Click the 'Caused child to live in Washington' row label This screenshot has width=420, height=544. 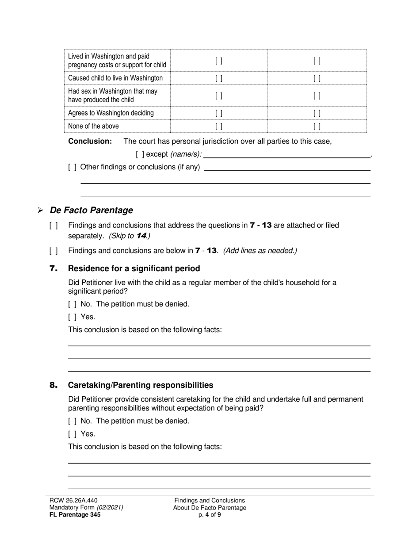point(115,78)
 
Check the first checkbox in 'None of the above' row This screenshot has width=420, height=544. point(219,126)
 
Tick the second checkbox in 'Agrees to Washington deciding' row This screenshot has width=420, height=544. point(317,113)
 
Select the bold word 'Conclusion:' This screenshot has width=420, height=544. point(90,142)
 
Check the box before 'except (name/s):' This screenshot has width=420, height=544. point(140,154)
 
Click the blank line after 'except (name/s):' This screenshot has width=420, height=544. point(287,154)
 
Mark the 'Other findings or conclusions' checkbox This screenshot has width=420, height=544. point(73,167)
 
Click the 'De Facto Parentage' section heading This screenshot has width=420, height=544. point(91,210)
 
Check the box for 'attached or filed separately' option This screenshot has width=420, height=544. point(53,226)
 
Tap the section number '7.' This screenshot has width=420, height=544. point(53,268)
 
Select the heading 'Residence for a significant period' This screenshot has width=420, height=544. point(134,268)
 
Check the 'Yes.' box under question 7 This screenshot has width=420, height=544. point(73,317)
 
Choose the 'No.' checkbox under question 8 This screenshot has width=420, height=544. point(73,421)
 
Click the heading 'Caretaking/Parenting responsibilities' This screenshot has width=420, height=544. point(141,385)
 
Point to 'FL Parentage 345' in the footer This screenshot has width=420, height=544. point(75,515)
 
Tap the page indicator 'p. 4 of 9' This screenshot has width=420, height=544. point(210,515)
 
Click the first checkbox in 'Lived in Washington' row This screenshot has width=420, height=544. point(219,61)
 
